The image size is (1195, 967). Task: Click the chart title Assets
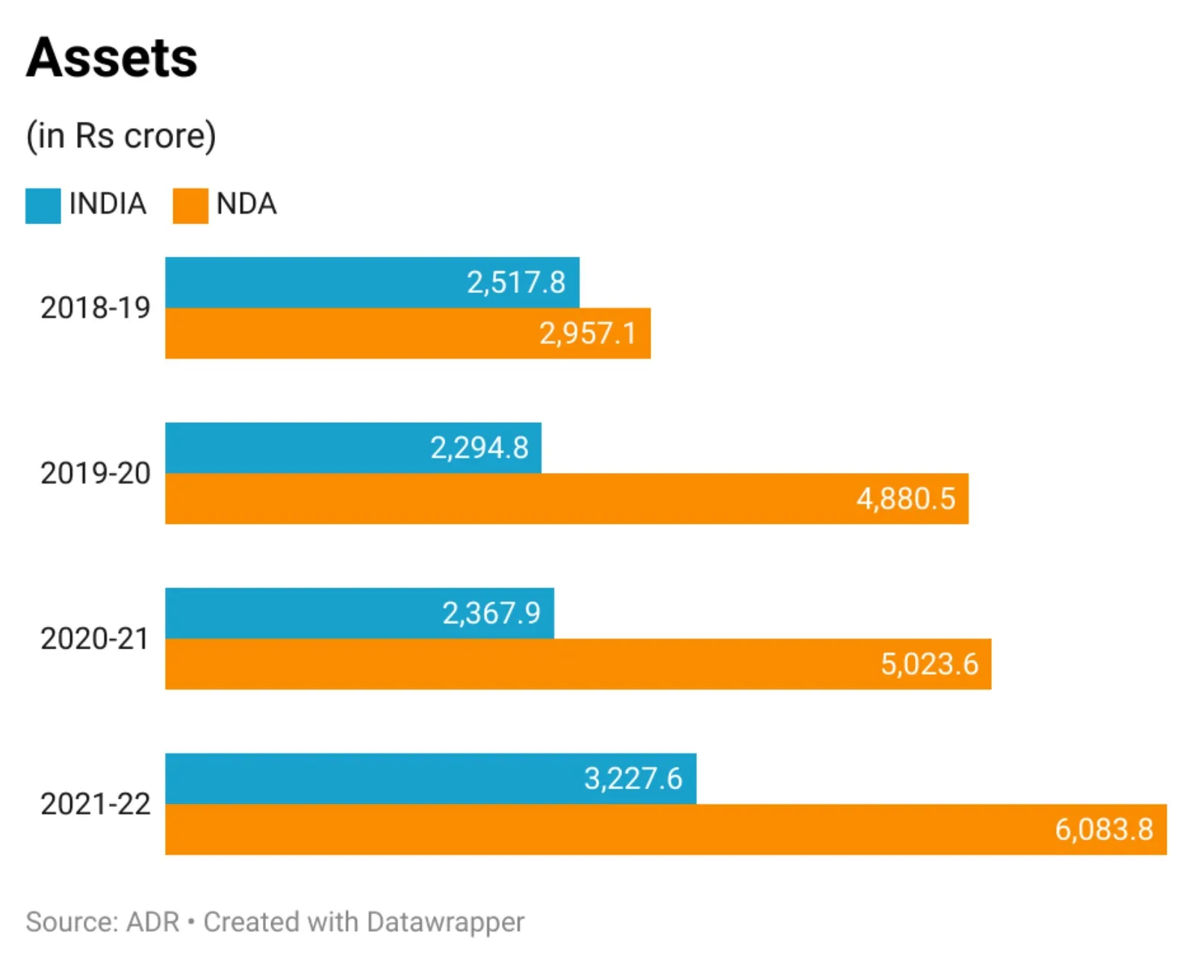(x=112, y=58)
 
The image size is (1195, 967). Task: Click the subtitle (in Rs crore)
(x=121, y=136)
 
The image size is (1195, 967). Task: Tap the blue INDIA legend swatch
(x=43, y=206)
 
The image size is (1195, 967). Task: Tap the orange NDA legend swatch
(x=190, y=206)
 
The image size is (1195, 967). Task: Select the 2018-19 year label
(x=96, y=308)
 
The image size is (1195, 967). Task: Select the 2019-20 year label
(x=96, y=473)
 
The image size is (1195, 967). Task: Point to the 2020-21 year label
(x=96, y=639)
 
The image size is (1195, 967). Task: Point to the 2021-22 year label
(x=96, y=804)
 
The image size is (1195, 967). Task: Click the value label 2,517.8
(x=516, y=282)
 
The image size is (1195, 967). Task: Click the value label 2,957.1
(x=588, y=333)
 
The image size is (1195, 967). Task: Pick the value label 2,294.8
(x=479, y=448)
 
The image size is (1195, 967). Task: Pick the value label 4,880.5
(x=906, y=498)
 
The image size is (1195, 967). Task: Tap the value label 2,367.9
(x=491, y=614)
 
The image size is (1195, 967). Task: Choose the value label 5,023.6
(x=929, y=664)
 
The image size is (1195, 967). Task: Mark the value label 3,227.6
(x=633, y=779)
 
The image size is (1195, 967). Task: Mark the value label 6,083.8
(x=1104, y=829)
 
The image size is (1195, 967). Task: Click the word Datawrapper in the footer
(x=445, y=922)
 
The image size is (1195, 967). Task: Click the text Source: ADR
(x=102, y=922)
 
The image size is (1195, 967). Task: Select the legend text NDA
(x=246, y=204)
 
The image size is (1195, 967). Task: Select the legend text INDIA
(x=108, y=204)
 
